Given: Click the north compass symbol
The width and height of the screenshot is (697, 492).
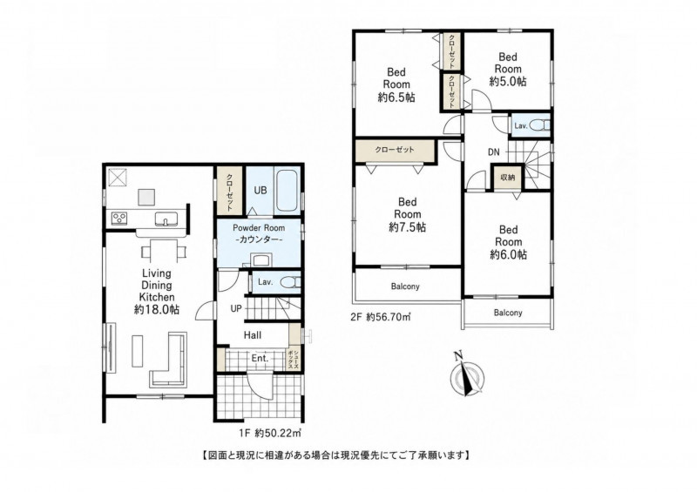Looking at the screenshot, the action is tap(467, 374).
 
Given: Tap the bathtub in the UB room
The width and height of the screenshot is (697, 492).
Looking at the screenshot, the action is tap(288, 191).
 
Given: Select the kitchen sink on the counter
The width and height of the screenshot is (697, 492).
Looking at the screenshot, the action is tap(166, 219).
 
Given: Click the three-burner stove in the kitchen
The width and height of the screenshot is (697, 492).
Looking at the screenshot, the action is tap(119, 218).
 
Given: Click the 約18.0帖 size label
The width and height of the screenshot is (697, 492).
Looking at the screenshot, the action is tap(157, 309).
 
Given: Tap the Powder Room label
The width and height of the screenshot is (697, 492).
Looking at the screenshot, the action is tap(259, 227).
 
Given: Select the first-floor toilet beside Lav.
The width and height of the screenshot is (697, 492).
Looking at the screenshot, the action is tap(291, 282).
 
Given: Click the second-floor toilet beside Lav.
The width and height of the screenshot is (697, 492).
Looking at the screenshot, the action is tap(540, 125).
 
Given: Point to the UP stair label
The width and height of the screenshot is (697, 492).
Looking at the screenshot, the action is tap(236, 308).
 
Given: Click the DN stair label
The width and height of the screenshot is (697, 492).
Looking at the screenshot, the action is tap(493, 152).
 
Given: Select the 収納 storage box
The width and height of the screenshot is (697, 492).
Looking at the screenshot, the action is tap(508, 178).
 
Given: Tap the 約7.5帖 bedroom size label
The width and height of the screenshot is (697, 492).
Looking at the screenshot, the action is tap(407, 227).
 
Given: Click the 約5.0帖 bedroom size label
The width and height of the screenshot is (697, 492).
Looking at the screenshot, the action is tap(508, 81).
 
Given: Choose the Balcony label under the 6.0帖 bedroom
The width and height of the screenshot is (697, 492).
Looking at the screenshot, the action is tap(508, 313).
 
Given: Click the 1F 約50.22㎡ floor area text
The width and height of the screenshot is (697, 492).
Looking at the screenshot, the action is tap(270, 432).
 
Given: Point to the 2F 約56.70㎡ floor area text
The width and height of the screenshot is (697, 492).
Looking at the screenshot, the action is tap(381, 317).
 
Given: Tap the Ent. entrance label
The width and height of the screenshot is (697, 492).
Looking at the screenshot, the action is tap(260, 358).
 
